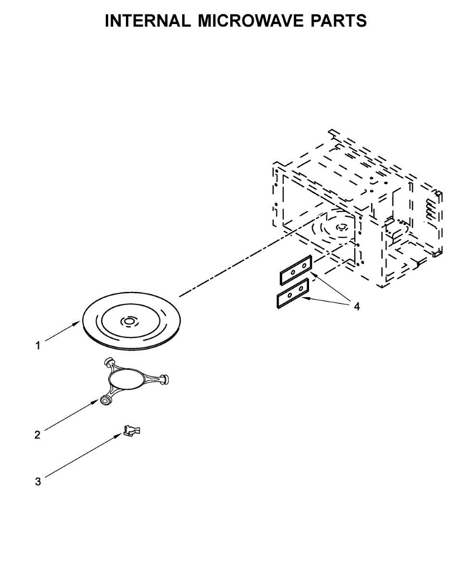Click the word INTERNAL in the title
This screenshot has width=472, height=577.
148,21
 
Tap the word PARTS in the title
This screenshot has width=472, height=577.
338,21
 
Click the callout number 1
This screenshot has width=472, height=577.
38,346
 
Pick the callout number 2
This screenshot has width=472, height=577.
37,435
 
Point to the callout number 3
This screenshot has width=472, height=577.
38,482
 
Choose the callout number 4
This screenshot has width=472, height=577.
357,307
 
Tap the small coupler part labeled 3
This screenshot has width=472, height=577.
132,430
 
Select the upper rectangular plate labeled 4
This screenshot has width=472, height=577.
296,270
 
